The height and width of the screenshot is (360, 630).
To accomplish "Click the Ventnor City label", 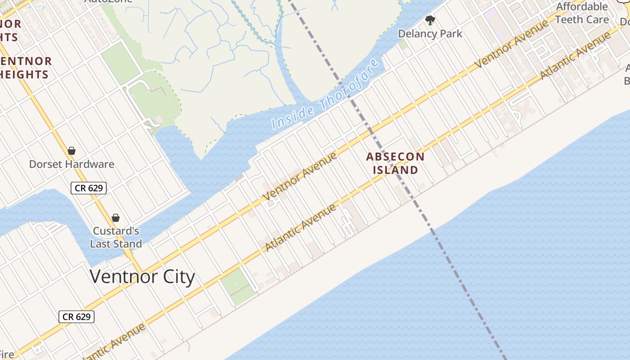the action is pos(142,276).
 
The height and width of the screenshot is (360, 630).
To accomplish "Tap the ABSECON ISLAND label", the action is pos(395,163).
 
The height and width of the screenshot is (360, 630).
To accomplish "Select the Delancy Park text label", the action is pos(430,34).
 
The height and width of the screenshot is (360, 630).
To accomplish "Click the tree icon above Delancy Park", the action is pos(430,20).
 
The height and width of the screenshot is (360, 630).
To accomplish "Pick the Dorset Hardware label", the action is pos(72,164).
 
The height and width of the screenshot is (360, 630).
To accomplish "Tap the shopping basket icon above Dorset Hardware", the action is pos(72,151).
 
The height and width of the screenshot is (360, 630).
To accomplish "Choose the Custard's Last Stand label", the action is pos(116,238).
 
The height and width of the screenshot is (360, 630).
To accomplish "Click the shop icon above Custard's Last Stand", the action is pos(116,218).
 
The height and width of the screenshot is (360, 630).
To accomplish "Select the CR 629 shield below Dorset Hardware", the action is pos(89,188).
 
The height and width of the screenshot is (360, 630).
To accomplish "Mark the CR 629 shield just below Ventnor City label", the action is pos(76,317).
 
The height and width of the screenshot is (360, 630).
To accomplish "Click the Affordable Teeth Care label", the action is pos(581,13).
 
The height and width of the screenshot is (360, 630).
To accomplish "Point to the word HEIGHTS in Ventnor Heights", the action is pos(24,75).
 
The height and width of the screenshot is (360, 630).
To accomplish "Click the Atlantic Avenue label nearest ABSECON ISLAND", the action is pos(301,228).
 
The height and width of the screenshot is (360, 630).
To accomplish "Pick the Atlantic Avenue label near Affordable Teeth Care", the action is pos(575,56).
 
